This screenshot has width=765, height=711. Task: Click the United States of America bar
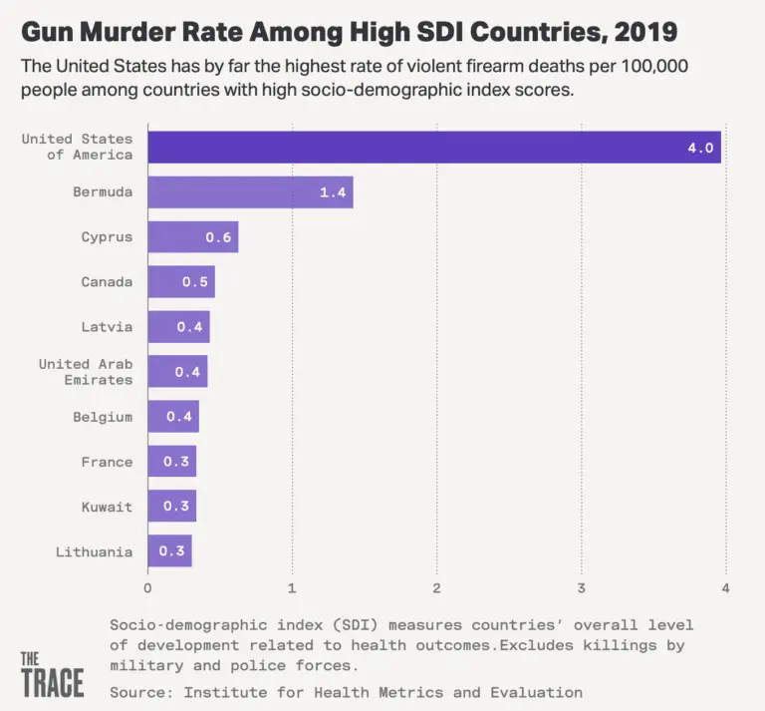pos(434,147)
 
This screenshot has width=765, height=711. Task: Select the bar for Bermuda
pos(250,192)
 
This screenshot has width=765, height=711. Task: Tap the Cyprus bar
pos(192,237)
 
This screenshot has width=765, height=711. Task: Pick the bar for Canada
pos(181,282)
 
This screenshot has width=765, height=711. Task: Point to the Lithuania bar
pos(169,551)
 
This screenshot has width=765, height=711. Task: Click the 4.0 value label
pos(700,148)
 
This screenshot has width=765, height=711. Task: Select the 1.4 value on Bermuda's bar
pos(332,192)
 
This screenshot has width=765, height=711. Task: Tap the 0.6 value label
pos(218,237)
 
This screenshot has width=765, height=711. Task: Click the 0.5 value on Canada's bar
pos(194,282)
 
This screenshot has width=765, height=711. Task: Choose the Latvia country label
pos(107,327)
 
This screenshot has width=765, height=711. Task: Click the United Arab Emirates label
pos(86,372)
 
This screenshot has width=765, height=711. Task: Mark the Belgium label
pos(103,417)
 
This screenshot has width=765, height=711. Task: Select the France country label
pos(107,462)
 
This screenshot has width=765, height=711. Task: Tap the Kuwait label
pos(107,507)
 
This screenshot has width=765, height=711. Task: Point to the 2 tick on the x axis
pos(436,587)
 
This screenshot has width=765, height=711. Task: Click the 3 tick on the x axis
pos(581,587)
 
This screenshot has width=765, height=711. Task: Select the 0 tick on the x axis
pos(148,587)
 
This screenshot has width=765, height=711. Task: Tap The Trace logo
pos(52,674)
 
